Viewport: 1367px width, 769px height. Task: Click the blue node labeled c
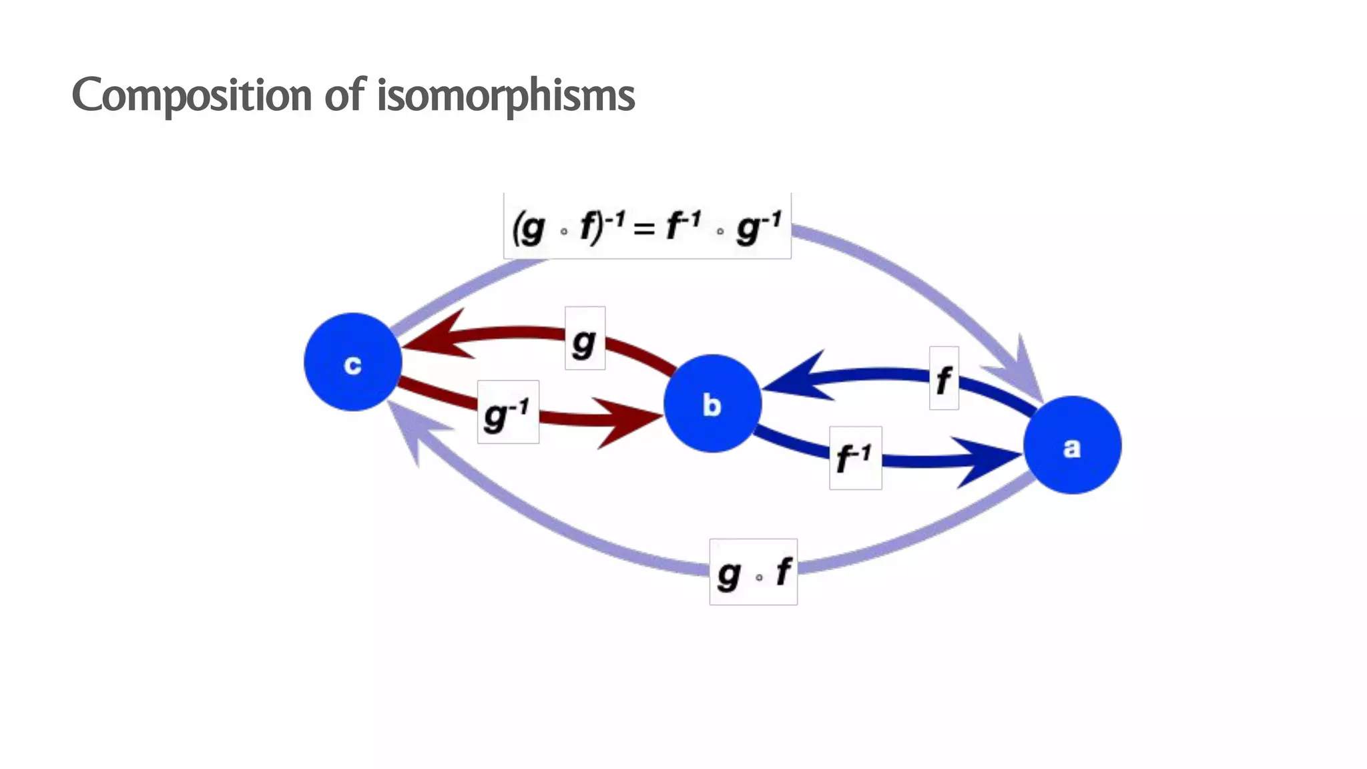tap(352, 362)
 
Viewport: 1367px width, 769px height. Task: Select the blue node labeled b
tap(712, 403)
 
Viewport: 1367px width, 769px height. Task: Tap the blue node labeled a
tap(1072, 445)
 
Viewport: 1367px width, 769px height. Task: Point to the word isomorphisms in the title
tap(506, 95)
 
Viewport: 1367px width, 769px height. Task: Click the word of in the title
tap(344, 94)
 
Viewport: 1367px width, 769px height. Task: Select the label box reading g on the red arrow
tap(585, 338)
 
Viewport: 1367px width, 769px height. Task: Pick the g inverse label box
tap(508, 412)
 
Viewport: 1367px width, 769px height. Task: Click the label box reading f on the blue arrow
tap(944, 378)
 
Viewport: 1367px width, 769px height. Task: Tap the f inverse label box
tap(855, 458)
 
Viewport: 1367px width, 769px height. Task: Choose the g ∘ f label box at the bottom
tap(753, 572)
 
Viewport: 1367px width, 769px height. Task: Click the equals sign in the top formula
tap(644, 229)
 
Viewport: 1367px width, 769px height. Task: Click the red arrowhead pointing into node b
tap(627, 422)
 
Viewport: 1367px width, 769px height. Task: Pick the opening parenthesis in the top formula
tap(516, 229)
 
